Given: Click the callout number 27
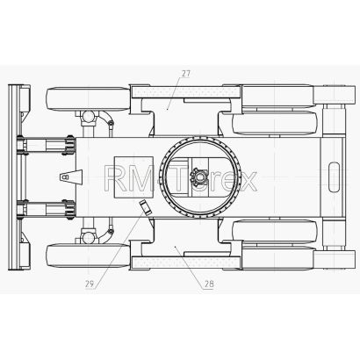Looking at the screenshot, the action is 185,74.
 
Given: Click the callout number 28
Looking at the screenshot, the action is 209,284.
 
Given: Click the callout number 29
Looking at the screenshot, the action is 90,284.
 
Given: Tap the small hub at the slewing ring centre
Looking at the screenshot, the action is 199,177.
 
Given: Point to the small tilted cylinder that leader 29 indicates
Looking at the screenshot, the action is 145,207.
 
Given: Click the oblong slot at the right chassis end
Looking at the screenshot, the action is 334,177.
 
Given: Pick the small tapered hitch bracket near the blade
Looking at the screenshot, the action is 71,176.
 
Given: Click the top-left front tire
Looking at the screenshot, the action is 88,98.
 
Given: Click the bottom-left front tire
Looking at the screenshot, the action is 88,256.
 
